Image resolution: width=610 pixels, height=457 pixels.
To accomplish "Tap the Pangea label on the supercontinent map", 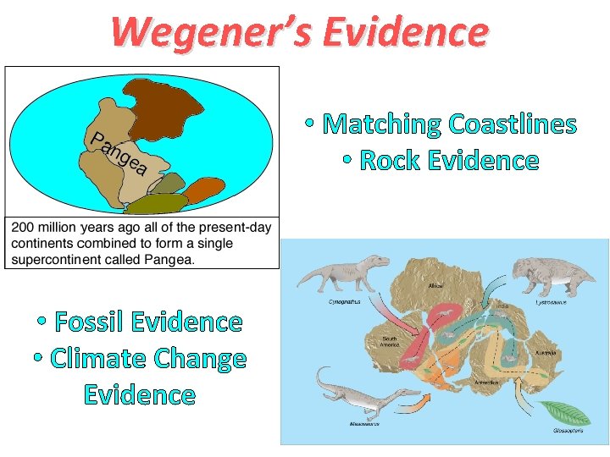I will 119,153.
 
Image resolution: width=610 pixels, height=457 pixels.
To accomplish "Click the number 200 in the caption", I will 25,228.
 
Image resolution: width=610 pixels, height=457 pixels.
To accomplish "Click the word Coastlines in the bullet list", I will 513,124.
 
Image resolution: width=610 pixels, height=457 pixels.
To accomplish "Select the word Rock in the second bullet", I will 391,160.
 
